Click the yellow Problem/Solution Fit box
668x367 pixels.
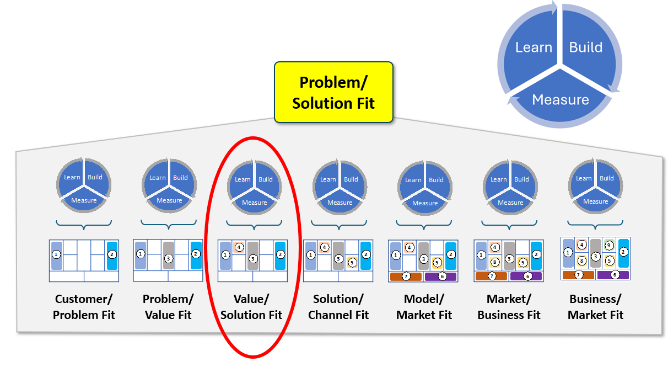pos(333,92)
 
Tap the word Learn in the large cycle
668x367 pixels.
pos(534,47)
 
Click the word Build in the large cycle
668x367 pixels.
pos(586,47)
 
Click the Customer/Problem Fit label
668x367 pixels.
pos(84,307)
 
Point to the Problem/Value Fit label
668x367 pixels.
pos(168,307)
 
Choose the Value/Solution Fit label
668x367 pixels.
pos(251,307)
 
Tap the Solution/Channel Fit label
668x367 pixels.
pos(338,307)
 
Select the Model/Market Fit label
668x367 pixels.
pos(424,307)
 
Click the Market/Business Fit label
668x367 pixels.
pos(509,307)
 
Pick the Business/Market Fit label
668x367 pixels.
pos(595,307)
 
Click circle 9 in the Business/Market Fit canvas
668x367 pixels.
pos(609,246)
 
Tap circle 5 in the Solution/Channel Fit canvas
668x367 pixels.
pos(352,263)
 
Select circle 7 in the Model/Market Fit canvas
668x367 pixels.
pos(406,276)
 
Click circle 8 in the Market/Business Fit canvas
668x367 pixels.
pos(495,262)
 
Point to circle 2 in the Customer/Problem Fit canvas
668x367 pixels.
pos(112,254)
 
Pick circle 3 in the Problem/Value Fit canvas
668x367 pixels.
pos(169,258)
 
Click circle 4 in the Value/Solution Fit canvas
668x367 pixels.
pos(239,247)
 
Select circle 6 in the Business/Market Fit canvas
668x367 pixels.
pos(615,274)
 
